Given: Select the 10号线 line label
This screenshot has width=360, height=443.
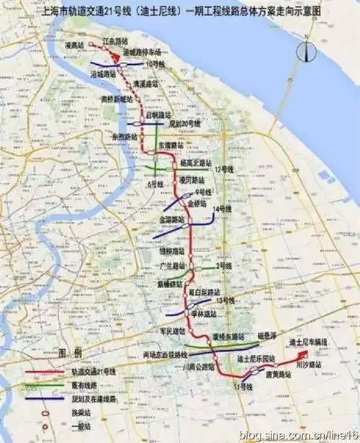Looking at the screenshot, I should (154, 65).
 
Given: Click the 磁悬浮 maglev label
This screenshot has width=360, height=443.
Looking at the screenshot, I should (268, 336).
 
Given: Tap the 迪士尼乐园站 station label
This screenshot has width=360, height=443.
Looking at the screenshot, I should (256, 357).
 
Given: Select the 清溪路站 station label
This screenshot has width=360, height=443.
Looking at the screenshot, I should (145, 83).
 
